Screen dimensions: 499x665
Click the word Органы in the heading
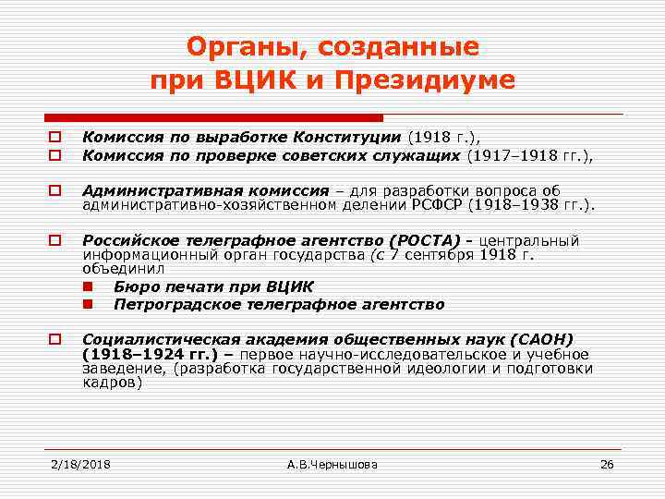point(243,46)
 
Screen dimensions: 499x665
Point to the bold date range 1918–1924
point(135,354)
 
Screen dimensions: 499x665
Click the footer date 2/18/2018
point(79,463)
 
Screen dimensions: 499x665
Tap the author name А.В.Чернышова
point(332,463)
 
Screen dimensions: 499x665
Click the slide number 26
point(607,463)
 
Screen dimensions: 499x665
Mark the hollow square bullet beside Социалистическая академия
point(55,339)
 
